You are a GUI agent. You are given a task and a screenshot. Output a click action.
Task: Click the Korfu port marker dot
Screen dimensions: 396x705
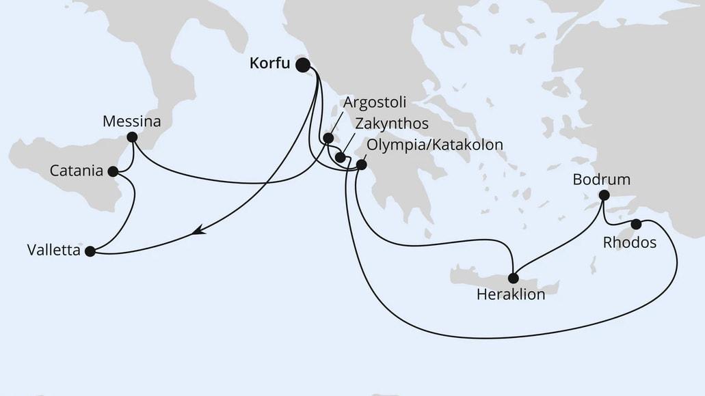(x=302, y=65)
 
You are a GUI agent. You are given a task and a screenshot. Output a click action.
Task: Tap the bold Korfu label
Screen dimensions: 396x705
(x=269, y=64)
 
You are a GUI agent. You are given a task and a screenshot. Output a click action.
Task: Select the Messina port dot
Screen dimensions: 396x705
(x=132, y=137)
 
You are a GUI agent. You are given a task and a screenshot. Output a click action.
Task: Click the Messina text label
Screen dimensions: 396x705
(x=131, y=122)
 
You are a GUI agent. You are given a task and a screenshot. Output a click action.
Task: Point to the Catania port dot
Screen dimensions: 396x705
(x=114, y=171)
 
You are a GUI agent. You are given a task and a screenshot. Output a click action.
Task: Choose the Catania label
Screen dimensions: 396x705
(x=77, y=170)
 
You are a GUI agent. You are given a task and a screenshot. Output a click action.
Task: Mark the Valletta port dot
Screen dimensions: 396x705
(x=90, y=251)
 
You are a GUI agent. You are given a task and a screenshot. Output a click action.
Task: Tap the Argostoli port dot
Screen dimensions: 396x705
(x=328, y=139)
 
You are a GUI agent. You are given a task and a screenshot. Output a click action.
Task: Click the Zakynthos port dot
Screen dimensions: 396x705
(x=340, y=157)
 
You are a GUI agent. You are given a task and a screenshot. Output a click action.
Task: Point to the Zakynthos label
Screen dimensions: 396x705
(x=391, y=124)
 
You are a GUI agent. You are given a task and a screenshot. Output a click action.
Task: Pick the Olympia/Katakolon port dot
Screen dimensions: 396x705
(x=362, y=165)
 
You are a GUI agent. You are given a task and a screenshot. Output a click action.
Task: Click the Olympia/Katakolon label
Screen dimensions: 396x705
(x=436, y=145)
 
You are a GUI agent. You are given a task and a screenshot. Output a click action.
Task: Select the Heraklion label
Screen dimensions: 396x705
(x=511, y=295)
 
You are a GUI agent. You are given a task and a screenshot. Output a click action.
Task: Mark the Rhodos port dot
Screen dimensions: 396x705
(x=636, y=224)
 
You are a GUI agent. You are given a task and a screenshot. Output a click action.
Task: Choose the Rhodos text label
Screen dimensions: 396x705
(x=630, y=242)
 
